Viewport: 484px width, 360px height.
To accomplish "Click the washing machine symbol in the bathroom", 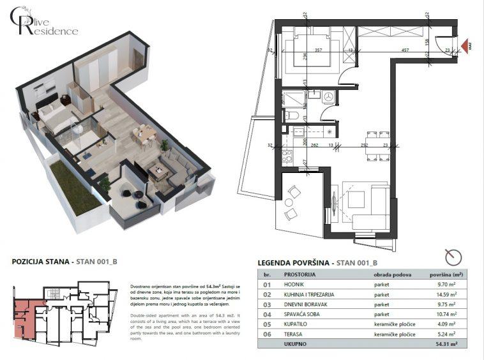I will (329, 96).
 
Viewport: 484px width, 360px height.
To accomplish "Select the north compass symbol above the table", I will (454, 257).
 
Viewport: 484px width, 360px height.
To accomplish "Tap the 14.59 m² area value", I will (444, 294).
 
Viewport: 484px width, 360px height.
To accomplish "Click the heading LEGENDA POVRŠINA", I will (295, 262).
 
